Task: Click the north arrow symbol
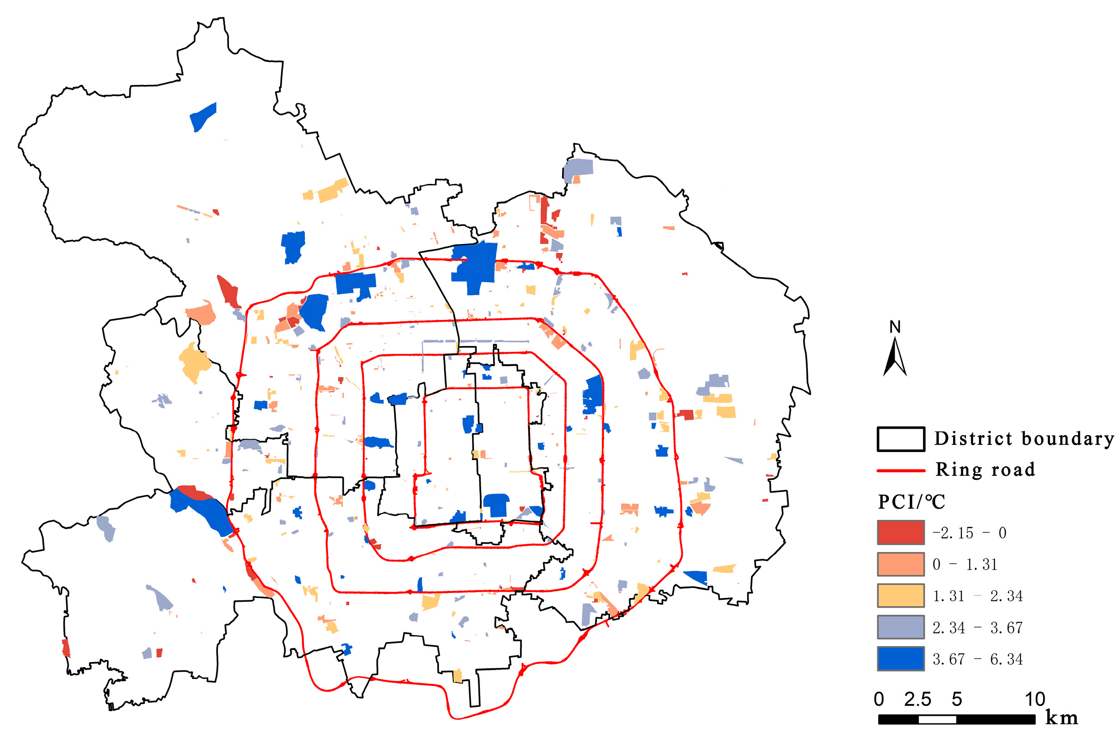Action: (x=894, y=357)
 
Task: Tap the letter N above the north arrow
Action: (x=895, y=327)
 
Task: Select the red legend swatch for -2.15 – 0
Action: (x=900, y=533)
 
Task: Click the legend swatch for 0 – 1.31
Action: (x=900, y=564)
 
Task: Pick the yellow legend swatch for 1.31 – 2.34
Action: (x=900, y=596)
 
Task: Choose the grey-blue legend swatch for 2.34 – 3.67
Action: (x=900, y=627)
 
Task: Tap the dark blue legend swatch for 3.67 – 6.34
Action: (x=900, y=659)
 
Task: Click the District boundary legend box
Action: (x=900, y=439)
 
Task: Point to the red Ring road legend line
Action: (x=900, y=471)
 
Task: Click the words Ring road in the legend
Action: (x=985, y=470)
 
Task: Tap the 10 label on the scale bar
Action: (x=1035, y=700)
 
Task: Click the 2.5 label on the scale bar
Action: (x=917, y=700)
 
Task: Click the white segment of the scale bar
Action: (x=937, y=719)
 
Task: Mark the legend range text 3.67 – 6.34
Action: (x=977, y=660)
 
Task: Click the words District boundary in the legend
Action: (x=1024, y=439)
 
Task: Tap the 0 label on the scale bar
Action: (x=878, y=700)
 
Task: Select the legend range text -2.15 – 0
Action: (x=969, y=533)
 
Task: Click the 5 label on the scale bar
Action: (x=956, y=700)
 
